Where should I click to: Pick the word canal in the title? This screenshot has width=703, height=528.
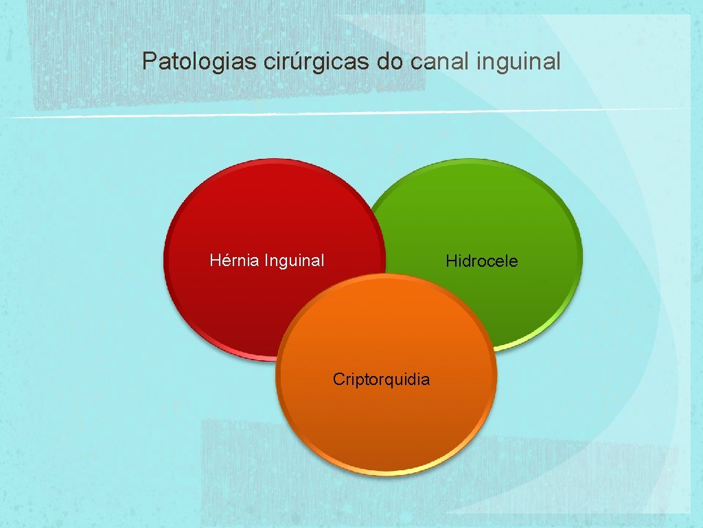point(435,62)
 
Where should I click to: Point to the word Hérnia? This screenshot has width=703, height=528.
point(234,261)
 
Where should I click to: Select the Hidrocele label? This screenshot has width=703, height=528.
point(481,261)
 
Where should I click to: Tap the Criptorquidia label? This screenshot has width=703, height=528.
point(381,379)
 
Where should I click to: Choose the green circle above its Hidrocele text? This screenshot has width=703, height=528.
point(481,206)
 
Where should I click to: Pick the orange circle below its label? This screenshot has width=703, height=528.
point(384,433)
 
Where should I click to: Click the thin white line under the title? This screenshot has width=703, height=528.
point(343,114)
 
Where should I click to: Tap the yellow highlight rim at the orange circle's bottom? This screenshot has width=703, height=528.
point(386,473)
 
